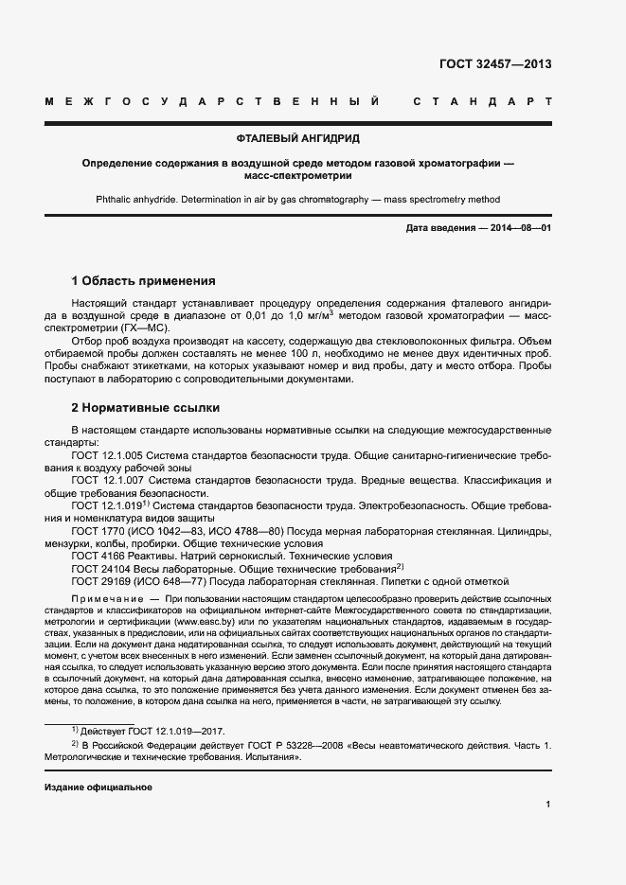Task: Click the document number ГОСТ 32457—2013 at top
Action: (495, 64)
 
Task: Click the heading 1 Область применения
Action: (144, 281)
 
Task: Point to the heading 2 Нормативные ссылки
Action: (146, 408)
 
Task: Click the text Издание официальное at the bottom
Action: (98, 788)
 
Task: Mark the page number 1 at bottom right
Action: (548, 805)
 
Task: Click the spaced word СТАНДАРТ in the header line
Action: (482, 101)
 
